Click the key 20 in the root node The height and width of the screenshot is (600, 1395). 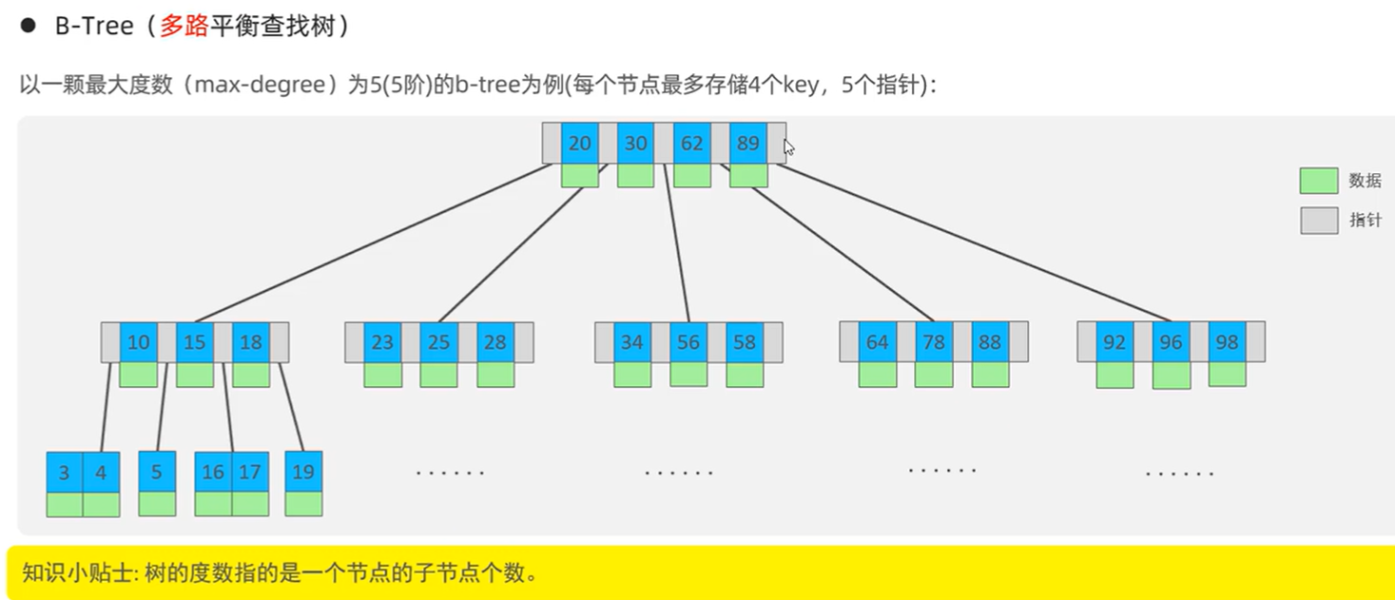point(579,144)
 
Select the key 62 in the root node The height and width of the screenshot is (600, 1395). point(692,144)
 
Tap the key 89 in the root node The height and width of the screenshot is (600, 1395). point(748,144)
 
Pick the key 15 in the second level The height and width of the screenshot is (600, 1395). point(195,342)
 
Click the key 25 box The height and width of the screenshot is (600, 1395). point(438,342)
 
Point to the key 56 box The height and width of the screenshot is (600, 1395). point(688,342)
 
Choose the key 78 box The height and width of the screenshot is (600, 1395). point(934,342)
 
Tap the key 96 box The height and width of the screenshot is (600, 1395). point(1171,342)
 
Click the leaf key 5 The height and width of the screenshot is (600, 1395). point(157,472)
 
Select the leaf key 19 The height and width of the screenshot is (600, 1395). point(303,472)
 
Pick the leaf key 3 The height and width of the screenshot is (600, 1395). point(65,473)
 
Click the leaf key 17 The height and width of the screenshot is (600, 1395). point(249,473)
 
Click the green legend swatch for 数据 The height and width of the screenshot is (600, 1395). point(1318,181)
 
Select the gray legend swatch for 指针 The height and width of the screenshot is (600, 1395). point(1318,221)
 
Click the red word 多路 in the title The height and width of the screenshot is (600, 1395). point(184,26)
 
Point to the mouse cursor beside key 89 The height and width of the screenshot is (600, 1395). point(788,147)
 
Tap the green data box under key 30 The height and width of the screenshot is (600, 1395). point(635,176)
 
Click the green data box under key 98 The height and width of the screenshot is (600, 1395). point(1227,374)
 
